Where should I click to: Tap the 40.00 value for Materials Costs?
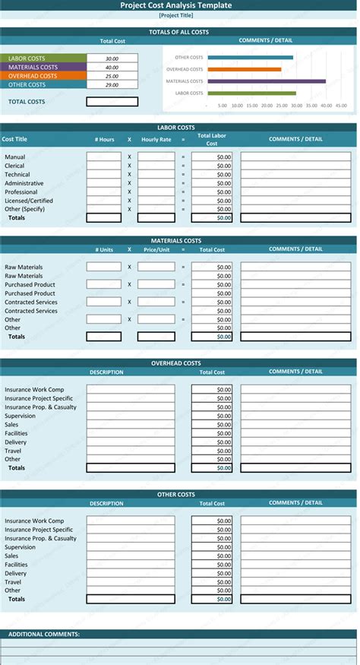(112, 68)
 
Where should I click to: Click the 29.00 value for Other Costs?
(112, 85)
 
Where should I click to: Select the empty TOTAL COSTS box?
(112, 102)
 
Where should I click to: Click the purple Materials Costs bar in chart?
(266, 81)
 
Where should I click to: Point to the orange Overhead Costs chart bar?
(244, 69)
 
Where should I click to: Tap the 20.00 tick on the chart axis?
(267, 106)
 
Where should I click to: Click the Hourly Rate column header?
(156, 140)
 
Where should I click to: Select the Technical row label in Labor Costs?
(17, 175)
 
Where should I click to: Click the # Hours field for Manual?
(104, 157)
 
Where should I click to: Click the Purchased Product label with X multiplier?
(30, 285)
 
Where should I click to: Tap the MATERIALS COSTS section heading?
(176, 241)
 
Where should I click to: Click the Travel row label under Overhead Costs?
(13, 451)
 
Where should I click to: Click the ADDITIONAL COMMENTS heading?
(43, 634)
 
